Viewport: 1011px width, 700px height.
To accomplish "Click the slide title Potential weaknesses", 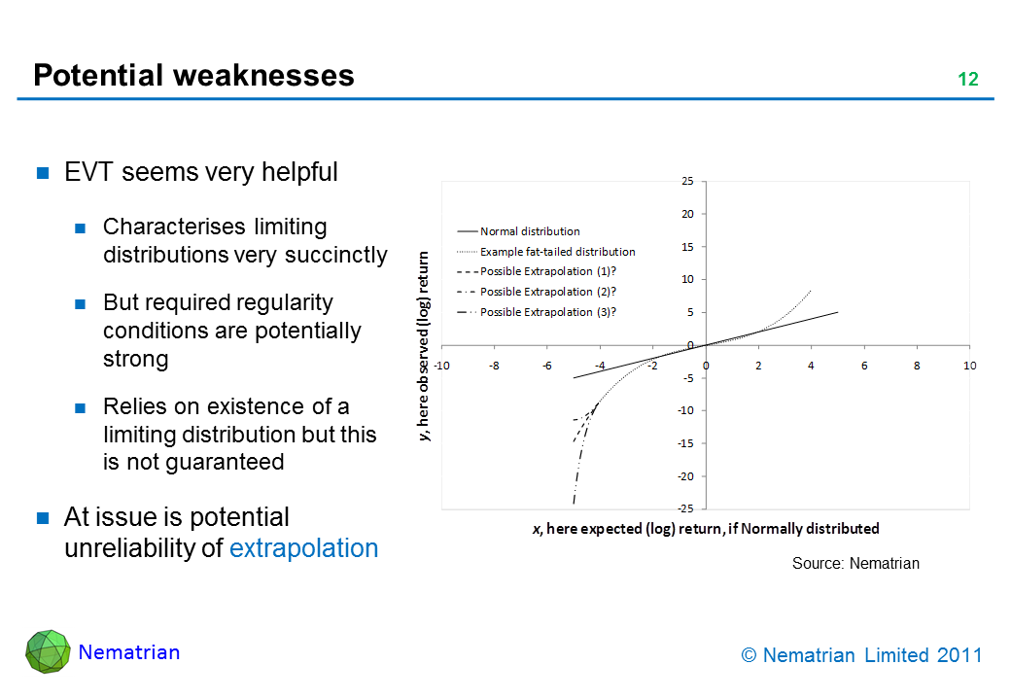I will [x=193, y=76].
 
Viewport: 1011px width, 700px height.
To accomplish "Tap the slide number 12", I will [x=967, y=80].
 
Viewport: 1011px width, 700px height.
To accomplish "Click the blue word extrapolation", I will [x=303, y=548].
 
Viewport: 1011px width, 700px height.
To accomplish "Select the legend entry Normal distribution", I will [x=530, y=231].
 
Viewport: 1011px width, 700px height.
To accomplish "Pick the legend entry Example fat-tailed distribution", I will [x=557, y=252].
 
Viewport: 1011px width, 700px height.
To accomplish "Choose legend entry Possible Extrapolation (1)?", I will [x=548, y=271].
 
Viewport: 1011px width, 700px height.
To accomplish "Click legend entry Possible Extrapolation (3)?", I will [x=548, y=312].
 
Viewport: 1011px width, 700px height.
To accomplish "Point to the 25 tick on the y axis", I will [x=687, y=181].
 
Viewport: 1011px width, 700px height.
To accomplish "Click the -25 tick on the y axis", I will [x=685, y=509].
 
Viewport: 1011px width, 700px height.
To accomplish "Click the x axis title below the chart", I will [x=706, y=529].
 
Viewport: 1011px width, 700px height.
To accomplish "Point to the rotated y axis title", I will [x=424, y=346].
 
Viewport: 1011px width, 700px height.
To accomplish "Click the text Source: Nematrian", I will [x=855, y=563].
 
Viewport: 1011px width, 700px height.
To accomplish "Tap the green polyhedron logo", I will [x=47, y=651].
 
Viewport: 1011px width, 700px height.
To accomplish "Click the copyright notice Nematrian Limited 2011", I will [x=861, y=655].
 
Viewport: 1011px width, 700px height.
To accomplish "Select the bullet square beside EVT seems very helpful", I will [x=44, y=174].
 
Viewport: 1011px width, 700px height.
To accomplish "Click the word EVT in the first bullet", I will [x=87, y=173].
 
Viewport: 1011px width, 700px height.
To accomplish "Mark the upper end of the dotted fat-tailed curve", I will [x=811, y=290].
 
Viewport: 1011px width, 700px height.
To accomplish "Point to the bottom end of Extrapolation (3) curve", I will [x=574, y=504].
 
